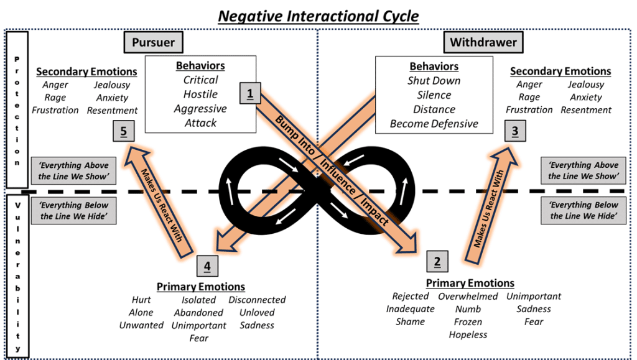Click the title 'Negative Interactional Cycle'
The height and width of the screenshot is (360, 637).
pyautogui.click(x=318, y=15)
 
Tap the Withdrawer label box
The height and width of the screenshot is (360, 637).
pyautogui.click(x=483, y=43)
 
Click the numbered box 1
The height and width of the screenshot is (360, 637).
pyautogui.click(x=250, y=94)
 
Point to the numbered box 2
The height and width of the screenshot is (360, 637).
pyautogui.click(x=437, y=262)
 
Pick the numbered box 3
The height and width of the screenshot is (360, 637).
pyautogui.click(x=515, y=131)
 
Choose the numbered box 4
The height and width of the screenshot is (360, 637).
pyautogui.click(x=207, y=266)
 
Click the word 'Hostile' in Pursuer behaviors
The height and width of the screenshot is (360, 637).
pyautogui.click(x=200, y=95)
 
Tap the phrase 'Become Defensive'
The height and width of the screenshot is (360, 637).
pyautogui.click(x=434, y=124)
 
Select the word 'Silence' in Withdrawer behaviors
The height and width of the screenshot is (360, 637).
pyautogui.click(x=434, y=95)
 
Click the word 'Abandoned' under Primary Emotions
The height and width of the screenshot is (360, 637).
pyautogui.click(x=198, y=313)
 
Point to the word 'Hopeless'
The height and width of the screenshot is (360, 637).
pyautogui.click(x=468, y=335)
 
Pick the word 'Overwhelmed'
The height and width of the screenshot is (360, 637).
pyautogui.click(x=468, y=297)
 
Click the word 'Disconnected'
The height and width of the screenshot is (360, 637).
pyautogui.click(x=257, y=300)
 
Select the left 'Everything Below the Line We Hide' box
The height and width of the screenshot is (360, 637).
pyautogui.click(x=74, y=211)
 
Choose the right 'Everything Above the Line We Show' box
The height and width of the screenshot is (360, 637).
pyautogui.click(x=583, y=171)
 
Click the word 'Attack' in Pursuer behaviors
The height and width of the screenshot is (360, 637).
pyautogui.click(x=200, y=123)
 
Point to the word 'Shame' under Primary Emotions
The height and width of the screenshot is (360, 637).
pyautogui.click(x=410, y=321)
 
